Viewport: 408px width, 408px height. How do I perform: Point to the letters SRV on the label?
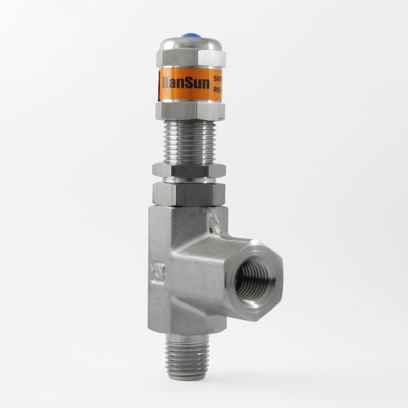(x=218, y=77)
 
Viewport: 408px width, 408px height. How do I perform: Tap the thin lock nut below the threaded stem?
(x=189, y=170)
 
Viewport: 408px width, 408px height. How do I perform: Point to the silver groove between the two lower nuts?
(x=189, y=179)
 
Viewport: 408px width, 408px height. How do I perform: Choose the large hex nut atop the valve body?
(x=189, y=193)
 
